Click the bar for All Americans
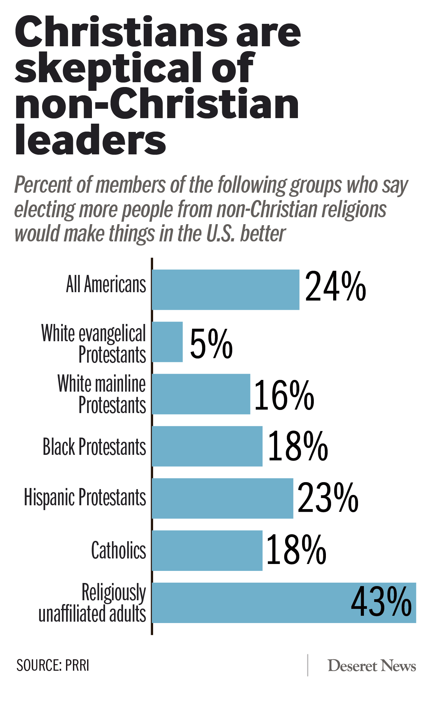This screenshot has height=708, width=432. click(x=225, y=289)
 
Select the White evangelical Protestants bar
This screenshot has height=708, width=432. click(x=167, y=342)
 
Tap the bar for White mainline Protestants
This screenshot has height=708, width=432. click(x=201, y=394)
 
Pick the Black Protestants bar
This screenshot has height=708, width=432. click(x=207, y=446)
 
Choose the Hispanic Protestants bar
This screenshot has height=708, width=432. click(x=222, y=498)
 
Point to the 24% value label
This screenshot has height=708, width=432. click(x=335, y=287)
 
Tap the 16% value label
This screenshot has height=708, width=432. click(x=284, y=395)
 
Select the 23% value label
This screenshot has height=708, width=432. click(x=328, y=498)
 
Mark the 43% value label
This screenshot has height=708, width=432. click(x=381, y=602)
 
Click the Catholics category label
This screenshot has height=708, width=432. click(x=119, y=551)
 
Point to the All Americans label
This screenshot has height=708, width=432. click(x=106, y=285)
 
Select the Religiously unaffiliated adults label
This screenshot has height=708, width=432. click(x=93, y=603)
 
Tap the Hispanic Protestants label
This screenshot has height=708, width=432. click(x=85, y=498)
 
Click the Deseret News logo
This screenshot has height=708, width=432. click(x=372, y=666)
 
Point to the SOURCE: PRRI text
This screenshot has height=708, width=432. click(x=53, y=666)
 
